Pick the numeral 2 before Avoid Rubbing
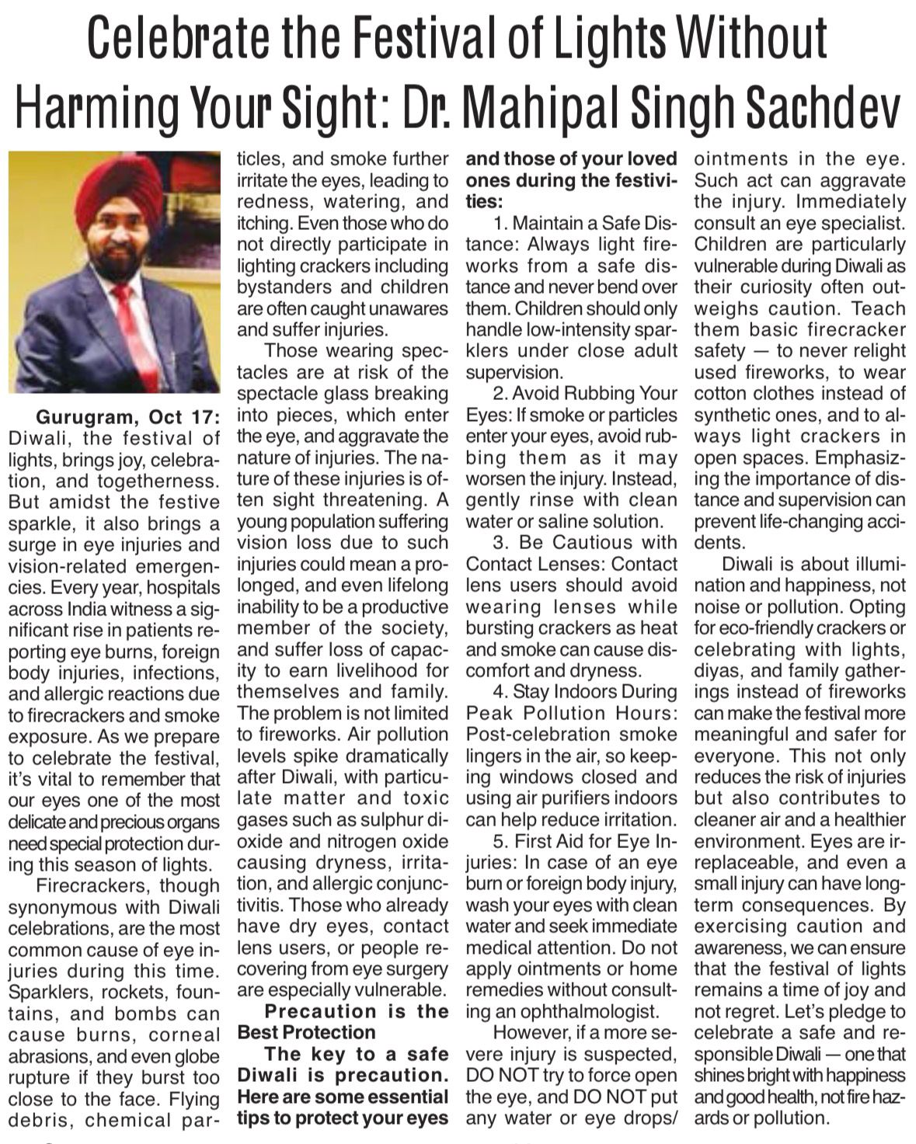[x=498, y=394]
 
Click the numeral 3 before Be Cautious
[x=499, y=542]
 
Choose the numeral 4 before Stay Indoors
[x=498, y=691]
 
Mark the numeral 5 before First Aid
[x=498, y=841]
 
